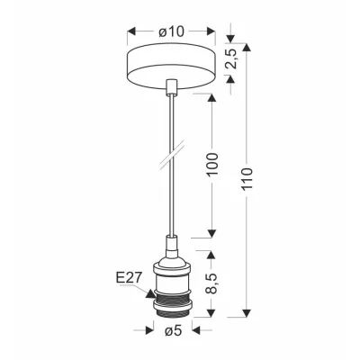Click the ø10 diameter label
click(171, 31)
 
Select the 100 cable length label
click(212, 165)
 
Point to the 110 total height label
click(247, 179)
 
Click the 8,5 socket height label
click(212, 283)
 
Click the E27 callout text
click(128, 278)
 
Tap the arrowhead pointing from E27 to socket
click(151, 293)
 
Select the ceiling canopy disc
click(172, 67)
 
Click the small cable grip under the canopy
click(172, 87)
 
